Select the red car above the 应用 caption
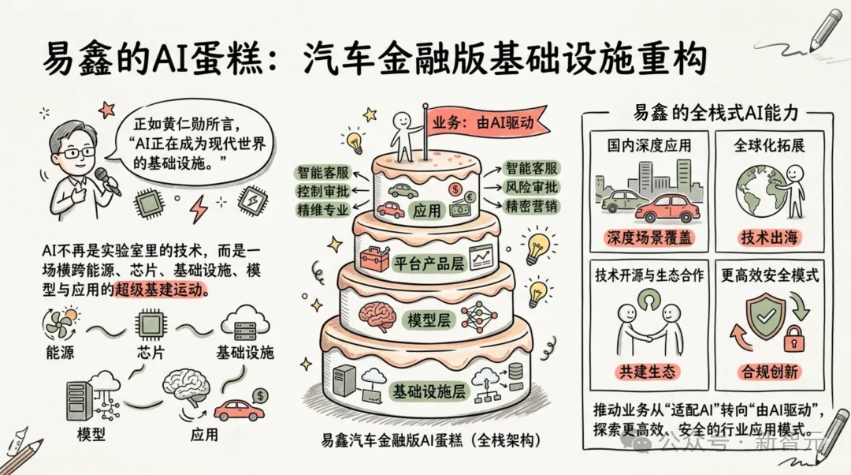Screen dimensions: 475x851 (x=239, y=410)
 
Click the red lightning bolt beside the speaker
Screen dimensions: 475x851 (x=197, y=209)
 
